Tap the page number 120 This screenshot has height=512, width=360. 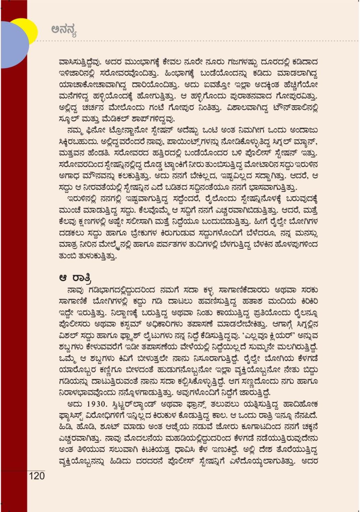tap(37, 476)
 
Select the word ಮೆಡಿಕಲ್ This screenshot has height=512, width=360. tap(119, 119)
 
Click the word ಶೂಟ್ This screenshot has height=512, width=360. tap(107, 427)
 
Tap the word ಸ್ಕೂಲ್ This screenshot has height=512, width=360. tap(69, 119)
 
